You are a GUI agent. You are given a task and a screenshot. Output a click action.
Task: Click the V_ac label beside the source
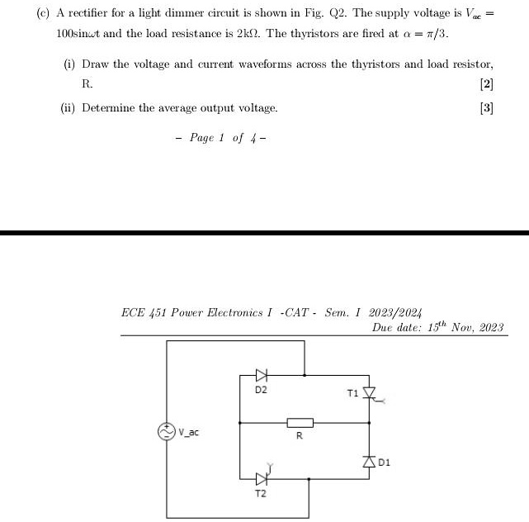tap(188, 432)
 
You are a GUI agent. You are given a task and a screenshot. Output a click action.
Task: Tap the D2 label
tap(261, 389)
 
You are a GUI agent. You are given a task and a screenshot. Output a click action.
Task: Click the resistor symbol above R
tap(300, 423)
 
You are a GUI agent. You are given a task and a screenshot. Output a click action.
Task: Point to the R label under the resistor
tap(300, 436)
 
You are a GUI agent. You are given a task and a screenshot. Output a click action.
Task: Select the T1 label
tap(353, 392)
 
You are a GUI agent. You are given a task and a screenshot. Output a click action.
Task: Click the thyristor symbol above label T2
tap(262, 478)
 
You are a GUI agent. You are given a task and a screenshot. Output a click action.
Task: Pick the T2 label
tap(261, 493)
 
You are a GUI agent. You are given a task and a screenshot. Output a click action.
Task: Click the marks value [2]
tap(486, 84)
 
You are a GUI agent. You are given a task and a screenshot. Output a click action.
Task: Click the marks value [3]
tap(486, 108)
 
